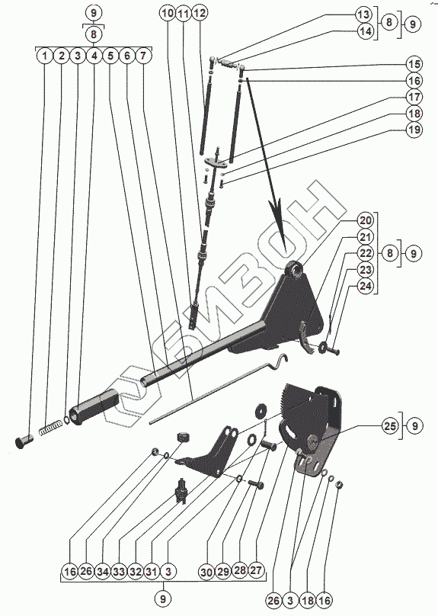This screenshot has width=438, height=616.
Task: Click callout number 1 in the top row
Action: click(x=45, y=56)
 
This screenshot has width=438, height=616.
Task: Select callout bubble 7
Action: click(x=143, y=56)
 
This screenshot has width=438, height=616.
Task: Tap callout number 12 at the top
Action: click(x=200, y=13)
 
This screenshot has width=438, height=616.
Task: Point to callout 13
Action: click(x=364, y=14)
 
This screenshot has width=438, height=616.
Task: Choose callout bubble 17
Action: click(x=414, y=97)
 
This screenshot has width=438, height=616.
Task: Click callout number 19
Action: click(x=414, y=130)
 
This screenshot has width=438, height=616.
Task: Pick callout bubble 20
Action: click(x=366, y=220)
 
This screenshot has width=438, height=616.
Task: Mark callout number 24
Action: click(x=366, y=286)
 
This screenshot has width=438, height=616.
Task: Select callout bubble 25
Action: click(x=390, y=426)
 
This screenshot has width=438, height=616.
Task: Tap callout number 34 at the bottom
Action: click(x=103, y=572)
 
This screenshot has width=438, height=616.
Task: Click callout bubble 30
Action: click(x=206, y=572)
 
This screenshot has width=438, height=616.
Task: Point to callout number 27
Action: click(x=256, y=569)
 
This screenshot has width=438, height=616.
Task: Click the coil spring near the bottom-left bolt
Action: click(x=50, y=427)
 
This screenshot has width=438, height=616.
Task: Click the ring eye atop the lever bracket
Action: click(x=294, y=270)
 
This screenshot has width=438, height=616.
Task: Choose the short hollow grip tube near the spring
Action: click(x=94, y=406)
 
